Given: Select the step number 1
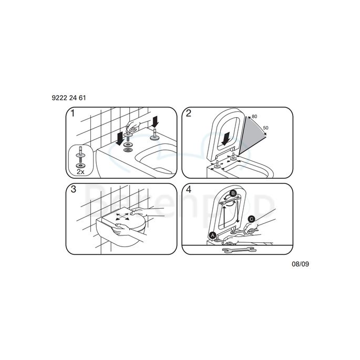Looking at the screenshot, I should tap(74, 114).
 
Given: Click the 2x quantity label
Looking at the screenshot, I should tap(80, 171).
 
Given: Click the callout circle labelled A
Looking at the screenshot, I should tap(213, 234).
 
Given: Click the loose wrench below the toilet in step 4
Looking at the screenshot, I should tap(235, 251).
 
